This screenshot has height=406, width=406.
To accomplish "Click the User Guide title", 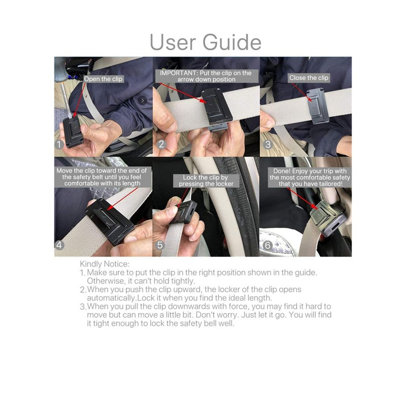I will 206,42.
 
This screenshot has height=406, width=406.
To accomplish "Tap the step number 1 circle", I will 60,144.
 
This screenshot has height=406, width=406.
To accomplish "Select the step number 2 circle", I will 162,144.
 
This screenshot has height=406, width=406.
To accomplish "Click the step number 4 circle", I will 60,245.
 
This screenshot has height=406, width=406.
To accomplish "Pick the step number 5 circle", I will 161,245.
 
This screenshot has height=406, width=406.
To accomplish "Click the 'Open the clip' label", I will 104,79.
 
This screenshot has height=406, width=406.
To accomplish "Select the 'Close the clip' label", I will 309,78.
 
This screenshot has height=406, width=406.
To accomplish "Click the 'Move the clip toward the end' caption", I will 101,177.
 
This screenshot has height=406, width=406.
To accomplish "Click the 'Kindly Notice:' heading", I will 105,264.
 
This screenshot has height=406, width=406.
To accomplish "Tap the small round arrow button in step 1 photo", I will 143,100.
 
